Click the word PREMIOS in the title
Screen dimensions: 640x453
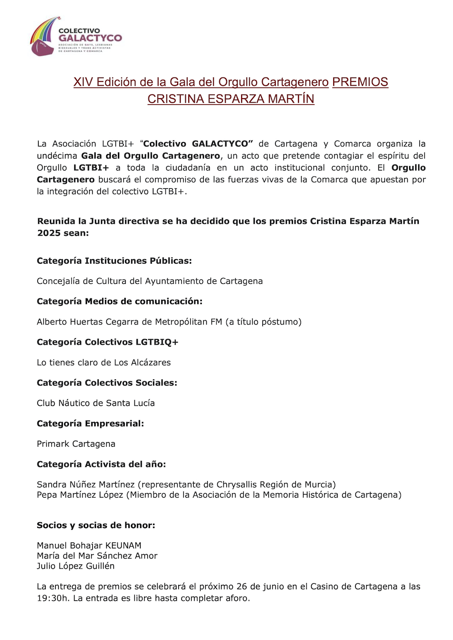[360, 82]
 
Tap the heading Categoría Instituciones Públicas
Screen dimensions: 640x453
[114, 261]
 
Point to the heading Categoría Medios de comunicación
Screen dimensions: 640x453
[119, 301]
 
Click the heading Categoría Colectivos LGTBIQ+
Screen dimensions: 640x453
[108, 342]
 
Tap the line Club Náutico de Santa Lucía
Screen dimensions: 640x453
[96, 403]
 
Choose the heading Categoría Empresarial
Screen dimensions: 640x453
[91, 424]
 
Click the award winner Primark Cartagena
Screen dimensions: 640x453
[76, 444]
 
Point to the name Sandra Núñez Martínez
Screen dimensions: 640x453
[86, 485]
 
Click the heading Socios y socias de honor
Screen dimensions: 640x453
[96, 525]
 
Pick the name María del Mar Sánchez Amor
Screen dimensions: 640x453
[97, 556]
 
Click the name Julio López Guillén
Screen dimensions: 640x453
[75, 566]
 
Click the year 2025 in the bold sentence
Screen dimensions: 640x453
[48, 233]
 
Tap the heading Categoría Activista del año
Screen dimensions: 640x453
[101, 464]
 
